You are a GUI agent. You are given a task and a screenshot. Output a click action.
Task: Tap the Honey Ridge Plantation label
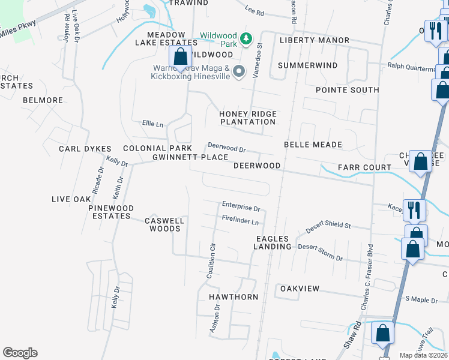(247, 118)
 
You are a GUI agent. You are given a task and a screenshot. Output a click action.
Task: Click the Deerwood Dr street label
(227, 147)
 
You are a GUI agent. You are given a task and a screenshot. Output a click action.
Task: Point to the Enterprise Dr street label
(241, 209)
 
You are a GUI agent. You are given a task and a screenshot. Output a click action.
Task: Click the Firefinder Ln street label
(240, 221)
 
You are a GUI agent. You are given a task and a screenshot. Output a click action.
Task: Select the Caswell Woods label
(164, 224)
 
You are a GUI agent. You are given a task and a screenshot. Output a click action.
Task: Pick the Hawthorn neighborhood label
(234, 297)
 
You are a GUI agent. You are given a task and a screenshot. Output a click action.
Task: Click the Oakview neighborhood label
(300, 289)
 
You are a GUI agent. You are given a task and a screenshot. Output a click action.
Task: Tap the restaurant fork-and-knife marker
(415, 210)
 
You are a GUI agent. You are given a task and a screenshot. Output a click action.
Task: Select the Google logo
(20, 353)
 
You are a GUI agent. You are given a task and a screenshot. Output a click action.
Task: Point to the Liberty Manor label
(315, 40)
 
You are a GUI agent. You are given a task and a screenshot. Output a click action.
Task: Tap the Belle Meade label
(313, 145)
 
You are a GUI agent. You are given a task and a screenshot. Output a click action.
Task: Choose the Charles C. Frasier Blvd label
(367, 277)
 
